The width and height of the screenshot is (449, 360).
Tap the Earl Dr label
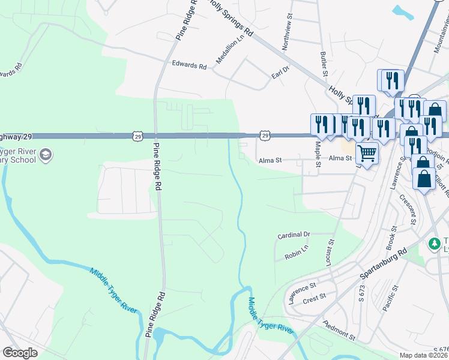[x=280, y=72]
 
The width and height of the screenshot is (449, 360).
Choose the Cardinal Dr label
[x=294, y=235]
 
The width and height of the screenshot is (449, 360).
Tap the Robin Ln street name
[x=297, y=254]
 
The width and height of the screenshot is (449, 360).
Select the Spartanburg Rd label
[x=384, y=265]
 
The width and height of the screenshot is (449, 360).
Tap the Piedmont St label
[x=340, y=340]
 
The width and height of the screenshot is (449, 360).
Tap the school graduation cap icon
[x=45, y=156]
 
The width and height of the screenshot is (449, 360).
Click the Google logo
[x=20, y=353]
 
